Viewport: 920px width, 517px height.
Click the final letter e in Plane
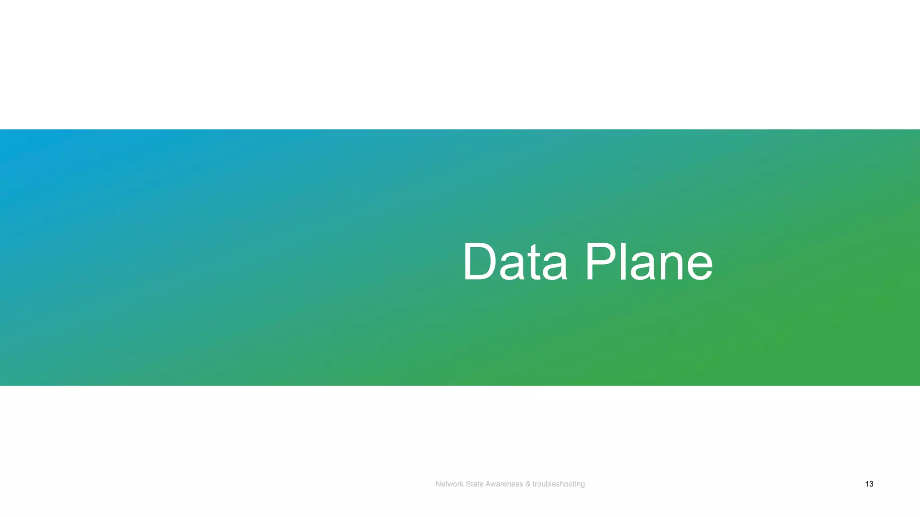coord(698,267)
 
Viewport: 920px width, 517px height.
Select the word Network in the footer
coord(449,484)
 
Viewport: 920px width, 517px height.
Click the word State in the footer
coord(474,484)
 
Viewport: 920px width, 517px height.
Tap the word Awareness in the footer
coord(504,484)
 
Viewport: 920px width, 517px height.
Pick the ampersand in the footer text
coord(527,484)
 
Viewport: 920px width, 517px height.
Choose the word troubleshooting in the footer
coord(558,484)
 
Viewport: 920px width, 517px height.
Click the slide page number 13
coord(869,484)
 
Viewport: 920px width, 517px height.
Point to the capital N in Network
coord(438,484)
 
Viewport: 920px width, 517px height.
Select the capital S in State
coord(468,484)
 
